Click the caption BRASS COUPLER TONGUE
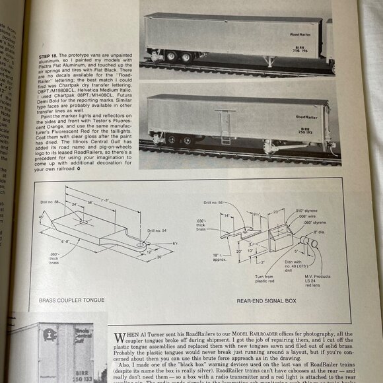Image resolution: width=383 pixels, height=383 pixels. click(x=71, y=300)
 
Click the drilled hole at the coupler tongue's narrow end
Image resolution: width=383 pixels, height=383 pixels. click(x=141, y=242)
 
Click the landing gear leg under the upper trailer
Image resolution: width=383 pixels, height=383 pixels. click(x=271, y=61)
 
